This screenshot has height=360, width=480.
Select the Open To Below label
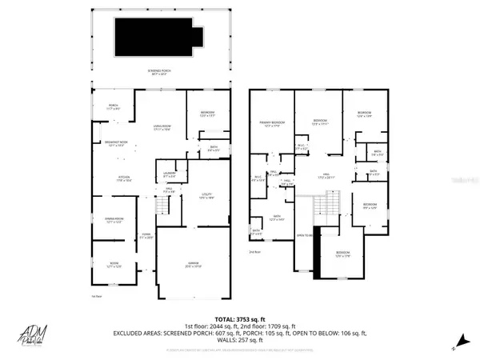[x=304, y=235]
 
